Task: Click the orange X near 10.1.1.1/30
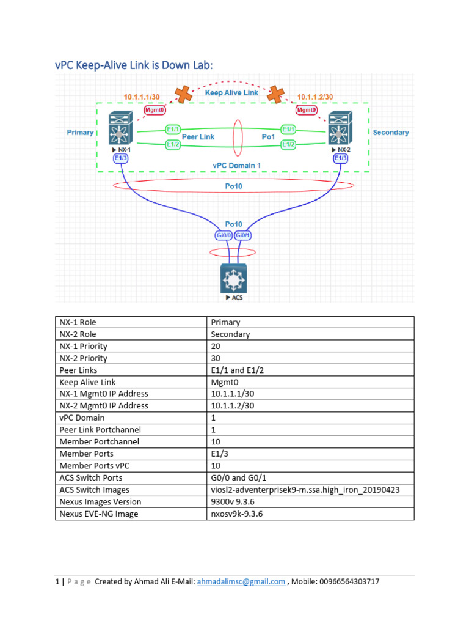coord(181,94)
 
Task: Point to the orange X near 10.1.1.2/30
coord(276,94)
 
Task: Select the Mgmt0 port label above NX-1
coord(155,110)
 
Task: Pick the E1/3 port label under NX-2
coord(341,158)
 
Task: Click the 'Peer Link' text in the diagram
coord(198,137)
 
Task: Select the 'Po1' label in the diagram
coord(269,137)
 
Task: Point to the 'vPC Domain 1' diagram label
coord(236,165)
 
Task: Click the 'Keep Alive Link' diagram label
coord(231,93)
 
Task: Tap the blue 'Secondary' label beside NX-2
coord(390,133)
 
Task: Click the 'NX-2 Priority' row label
coord(83,358)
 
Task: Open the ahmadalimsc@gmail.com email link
coord(241,582)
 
